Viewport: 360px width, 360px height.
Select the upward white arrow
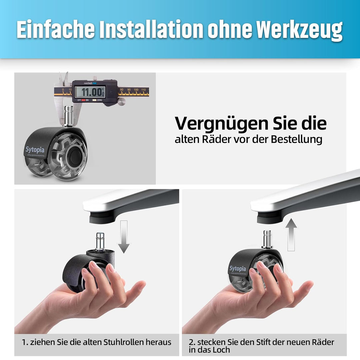[x=291, y=235]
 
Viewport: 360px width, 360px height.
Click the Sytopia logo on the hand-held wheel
[x=237, y=269]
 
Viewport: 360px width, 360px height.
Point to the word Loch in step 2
[x=222, y=350]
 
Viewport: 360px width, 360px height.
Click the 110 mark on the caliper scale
[x=143, y=90]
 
